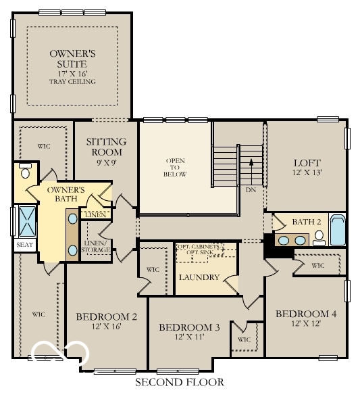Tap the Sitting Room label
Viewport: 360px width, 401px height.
point(106,147)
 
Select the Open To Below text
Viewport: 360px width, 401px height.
point(175,167)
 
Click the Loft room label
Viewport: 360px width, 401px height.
point(306,163)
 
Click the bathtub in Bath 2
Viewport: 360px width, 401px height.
point(337,231)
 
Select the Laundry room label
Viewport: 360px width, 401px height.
point(199,277)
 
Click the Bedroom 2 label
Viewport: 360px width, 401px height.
point(107,316)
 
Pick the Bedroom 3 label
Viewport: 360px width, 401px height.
point(189,327)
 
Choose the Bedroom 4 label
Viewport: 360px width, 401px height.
point(306,314)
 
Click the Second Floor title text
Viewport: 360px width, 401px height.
point(179,383)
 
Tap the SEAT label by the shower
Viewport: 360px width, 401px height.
point(24,245)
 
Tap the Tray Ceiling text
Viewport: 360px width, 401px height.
point(72,82)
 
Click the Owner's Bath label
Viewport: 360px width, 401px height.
point(66,195)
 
